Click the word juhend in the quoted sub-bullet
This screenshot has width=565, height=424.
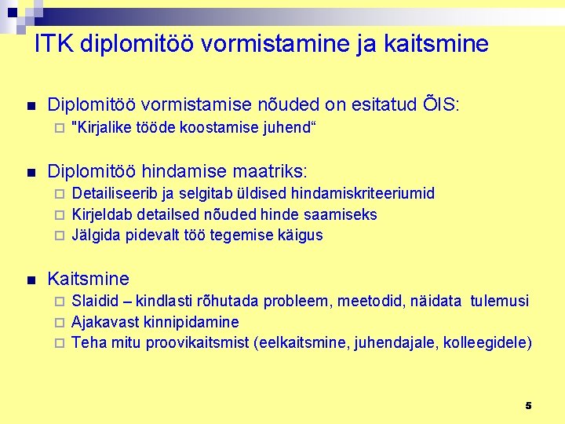point(288,128)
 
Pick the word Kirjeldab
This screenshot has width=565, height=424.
point(102,214)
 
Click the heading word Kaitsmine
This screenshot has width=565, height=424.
point(89,279)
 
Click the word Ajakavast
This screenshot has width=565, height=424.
point(106,322)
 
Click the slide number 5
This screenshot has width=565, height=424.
point(528,405)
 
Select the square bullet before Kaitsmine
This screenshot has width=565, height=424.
point(31,280)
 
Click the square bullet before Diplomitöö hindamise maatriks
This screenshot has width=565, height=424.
point(31,171)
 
